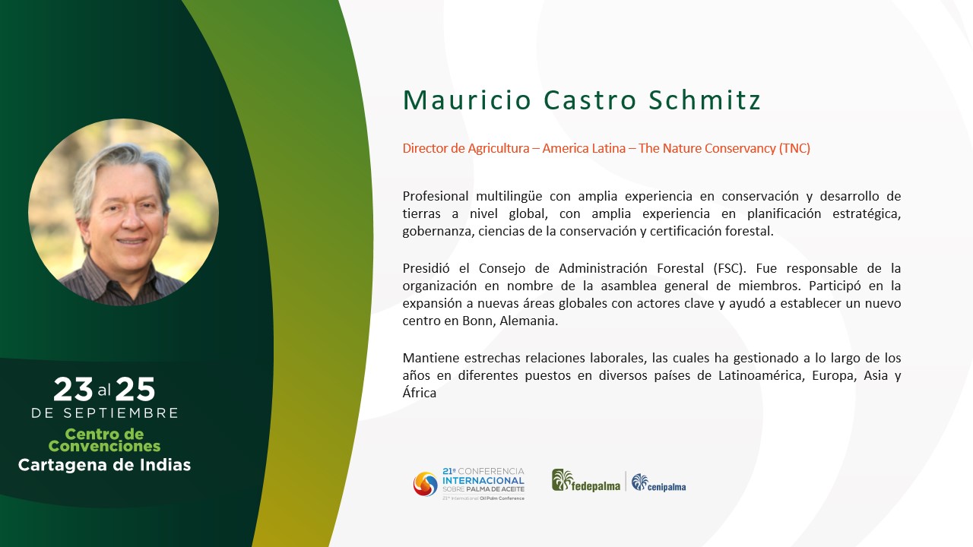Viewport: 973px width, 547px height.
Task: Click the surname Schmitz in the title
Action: click(x=704, y=100)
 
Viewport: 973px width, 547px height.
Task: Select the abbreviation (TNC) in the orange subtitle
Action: click(x=794, y=148)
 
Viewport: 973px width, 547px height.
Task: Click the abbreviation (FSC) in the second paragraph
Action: click(x=729, y=268)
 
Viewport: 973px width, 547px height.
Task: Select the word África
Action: click(x=419, y=393)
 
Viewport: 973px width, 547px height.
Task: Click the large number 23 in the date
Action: click(x=73, y=389)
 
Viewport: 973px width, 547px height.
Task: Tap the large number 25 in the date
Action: click(x=135, y=389)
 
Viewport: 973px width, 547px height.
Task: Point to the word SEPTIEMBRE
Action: click(x=121, y=413)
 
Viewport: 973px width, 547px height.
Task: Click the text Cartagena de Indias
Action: click(x=104, y=465)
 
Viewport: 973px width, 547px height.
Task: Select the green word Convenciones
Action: click(x=104, y=446)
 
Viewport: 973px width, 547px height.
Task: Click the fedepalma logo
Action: click(x=585, y=481)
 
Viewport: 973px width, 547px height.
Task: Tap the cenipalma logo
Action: click(x=658, y=482)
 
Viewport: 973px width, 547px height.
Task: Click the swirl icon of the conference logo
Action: click(x=425, y=484)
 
